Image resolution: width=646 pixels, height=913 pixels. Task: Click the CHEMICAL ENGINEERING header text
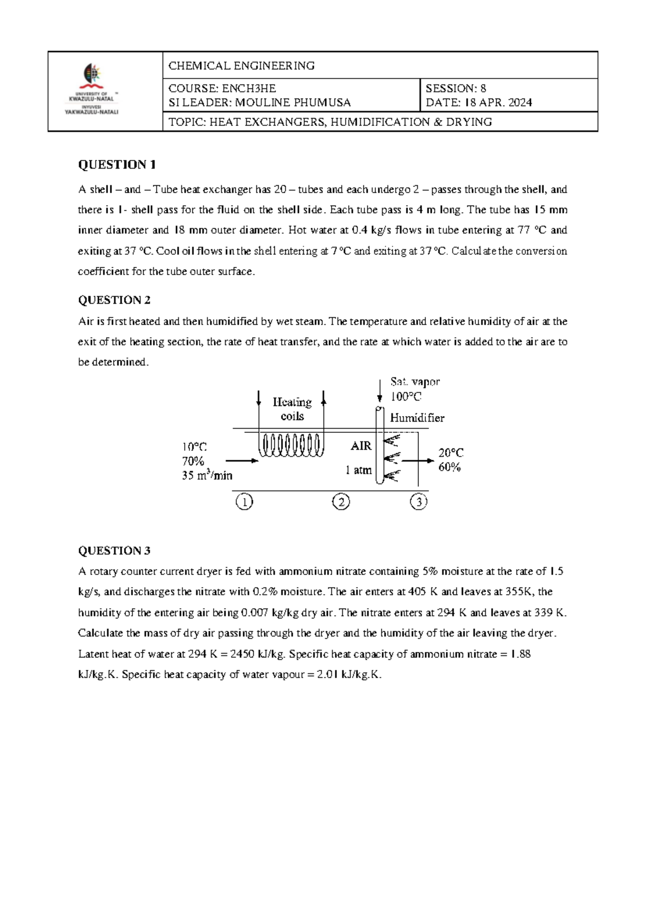241,66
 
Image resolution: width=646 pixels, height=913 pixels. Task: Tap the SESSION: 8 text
455,88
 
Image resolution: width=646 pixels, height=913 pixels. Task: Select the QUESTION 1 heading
117,165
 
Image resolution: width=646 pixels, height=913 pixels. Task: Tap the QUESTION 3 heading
114,551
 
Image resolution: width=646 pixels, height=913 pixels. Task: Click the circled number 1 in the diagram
244,502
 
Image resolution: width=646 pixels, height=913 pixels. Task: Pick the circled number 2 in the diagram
341,502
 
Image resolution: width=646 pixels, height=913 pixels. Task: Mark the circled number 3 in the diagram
418,502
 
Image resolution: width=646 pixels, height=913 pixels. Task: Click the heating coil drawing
291,445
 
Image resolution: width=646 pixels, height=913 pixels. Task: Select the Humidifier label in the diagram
417,418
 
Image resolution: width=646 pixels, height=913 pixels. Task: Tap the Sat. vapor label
415,382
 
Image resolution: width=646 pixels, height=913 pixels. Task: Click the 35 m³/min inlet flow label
207,475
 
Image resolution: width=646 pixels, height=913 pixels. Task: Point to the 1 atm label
359,470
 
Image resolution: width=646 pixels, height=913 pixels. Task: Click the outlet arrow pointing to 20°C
418,461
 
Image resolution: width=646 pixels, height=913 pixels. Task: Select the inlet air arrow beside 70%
242,461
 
